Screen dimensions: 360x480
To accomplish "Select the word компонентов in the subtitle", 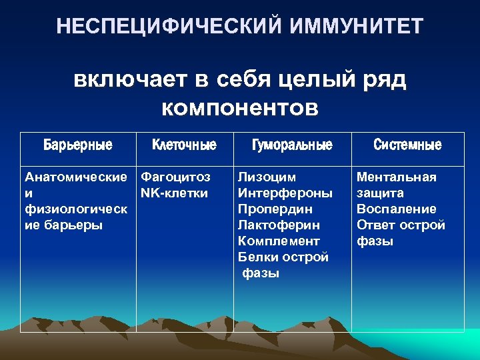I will point(240,106).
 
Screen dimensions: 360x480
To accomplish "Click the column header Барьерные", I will point(78,145).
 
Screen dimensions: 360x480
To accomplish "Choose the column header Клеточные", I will point(184,145).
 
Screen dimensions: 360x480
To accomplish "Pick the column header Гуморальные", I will point(292,145).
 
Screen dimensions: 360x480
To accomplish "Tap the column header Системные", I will point(407,145).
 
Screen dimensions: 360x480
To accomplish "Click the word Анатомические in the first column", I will point(75,177).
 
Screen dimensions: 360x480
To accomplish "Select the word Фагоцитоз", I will point(175,177).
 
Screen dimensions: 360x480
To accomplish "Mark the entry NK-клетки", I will point(174,193).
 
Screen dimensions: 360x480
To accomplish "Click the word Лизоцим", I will point(267,177).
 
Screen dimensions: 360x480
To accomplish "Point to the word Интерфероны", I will point(285,193).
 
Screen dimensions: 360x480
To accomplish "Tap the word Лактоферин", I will point(279,225).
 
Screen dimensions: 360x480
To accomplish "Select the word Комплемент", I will point(279,241).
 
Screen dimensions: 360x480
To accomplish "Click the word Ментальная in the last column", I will point(396,177).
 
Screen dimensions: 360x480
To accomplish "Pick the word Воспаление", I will point(396,209).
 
